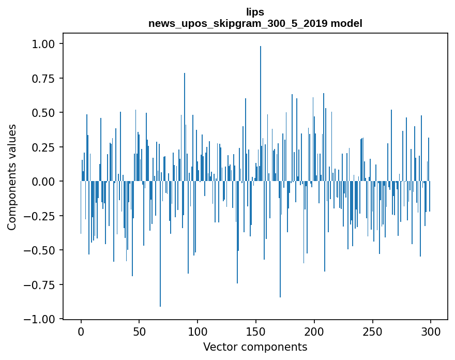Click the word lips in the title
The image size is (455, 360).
255,12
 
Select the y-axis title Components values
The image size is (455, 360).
12,176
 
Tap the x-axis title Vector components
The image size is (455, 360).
255,347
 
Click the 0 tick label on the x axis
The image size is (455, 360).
81,331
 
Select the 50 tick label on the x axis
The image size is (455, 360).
139,331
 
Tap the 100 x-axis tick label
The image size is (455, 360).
198,331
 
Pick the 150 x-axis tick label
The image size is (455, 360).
256,331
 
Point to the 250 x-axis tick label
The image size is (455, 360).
372,331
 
